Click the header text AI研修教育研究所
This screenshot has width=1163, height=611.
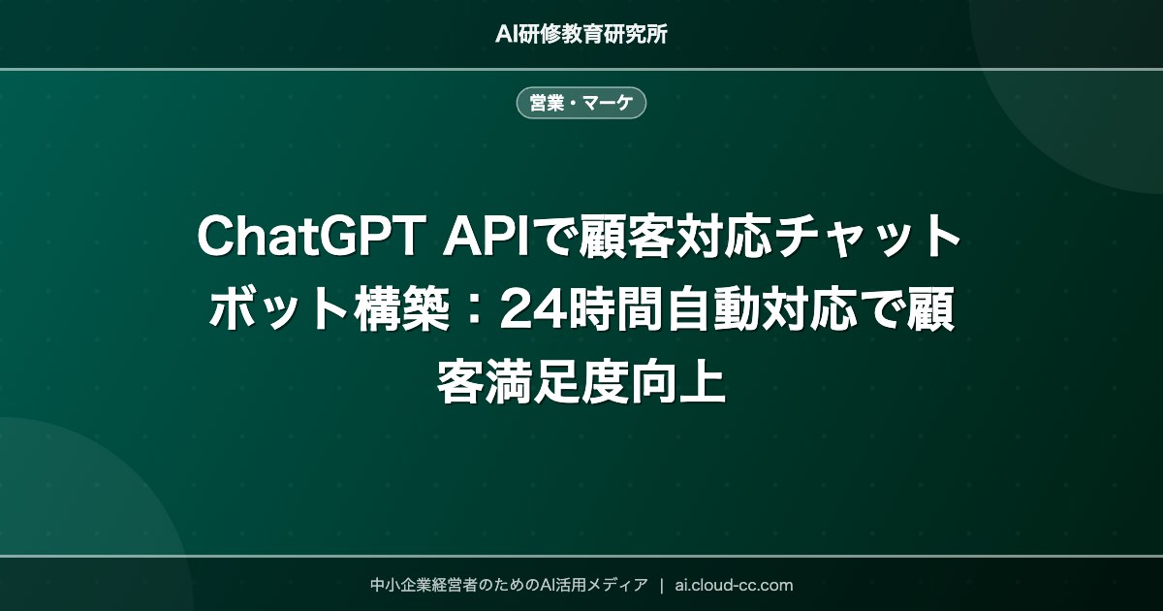[581, 34]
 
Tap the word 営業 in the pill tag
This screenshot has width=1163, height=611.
[547, 103]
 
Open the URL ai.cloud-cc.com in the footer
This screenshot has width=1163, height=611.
[734, 585]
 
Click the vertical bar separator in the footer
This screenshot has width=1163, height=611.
[661, 585]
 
